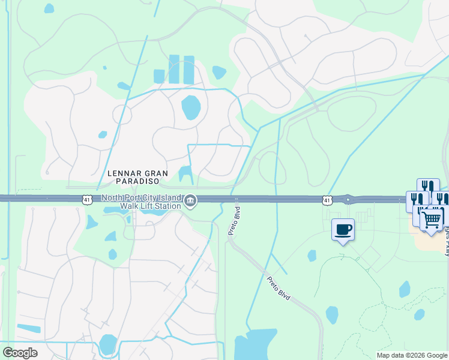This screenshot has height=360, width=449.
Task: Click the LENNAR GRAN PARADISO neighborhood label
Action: [x=133, y=176]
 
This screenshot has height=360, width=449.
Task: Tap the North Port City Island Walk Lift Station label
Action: [x=141, y=202]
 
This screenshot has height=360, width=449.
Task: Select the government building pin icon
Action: [x=190, y=201]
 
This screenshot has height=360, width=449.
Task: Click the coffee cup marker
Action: [x=343, y=230]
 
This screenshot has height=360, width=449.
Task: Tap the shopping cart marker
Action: [x=432, y=219]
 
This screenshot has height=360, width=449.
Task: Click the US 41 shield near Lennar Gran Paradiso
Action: [x=87, y=199]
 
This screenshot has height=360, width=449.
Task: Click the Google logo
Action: [x=20, y=352]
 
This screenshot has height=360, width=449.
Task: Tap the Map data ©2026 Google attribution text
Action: [x=411, y=355]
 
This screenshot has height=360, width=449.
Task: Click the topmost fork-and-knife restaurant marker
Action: [x=427, y=186]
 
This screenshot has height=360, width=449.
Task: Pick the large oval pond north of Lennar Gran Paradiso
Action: [x=190, y=107]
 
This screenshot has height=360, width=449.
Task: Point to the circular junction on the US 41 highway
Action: [x=347, y=199]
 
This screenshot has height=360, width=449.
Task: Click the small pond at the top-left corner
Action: [x=49, y=8]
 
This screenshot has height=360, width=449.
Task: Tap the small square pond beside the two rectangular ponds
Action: [x=159, y=76]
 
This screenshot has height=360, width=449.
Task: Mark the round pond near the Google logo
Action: [x=108, y=344]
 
